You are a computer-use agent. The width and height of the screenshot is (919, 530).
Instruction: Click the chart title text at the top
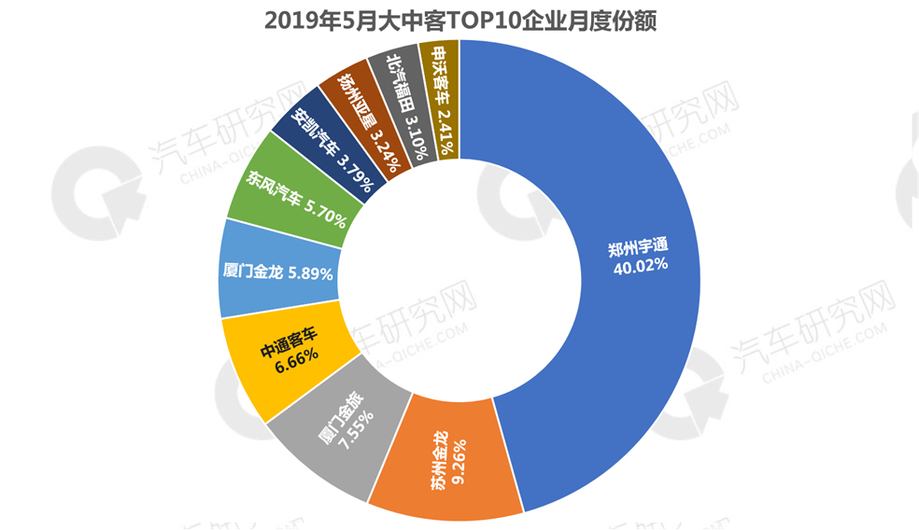459,21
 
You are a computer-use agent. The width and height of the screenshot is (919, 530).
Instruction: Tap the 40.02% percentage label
640,265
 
